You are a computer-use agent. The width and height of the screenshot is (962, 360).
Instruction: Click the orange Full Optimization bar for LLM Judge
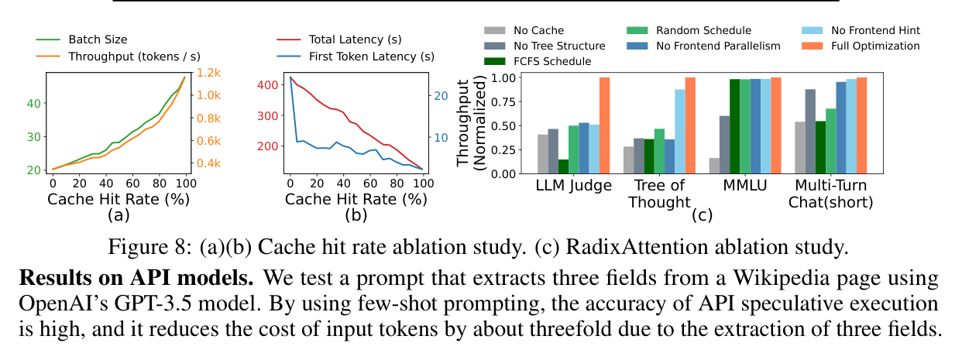(x=604, y=125)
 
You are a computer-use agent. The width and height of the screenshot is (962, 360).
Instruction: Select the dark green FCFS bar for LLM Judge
(x=563, y=166)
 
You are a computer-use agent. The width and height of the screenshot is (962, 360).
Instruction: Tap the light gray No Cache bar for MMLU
(x=714, y=166)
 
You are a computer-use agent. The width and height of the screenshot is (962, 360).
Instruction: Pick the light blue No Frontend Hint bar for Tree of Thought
(x=680, y=132)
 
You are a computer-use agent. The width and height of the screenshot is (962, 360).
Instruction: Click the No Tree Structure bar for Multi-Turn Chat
(x=810, y=132)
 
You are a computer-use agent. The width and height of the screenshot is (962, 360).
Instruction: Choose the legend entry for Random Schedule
(x=689, y=30)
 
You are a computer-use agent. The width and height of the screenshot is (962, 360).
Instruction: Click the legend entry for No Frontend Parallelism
(x=703, y=46)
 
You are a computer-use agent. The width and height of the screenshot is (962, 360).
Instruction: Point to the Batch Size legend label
(x=98, y=39)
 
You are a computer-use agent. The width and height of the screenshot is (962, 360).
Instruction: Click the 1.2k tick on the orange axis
(x=208, y=73)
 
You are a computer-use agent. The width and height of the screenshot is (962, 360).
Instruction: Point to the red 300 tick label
(x=267, y=116)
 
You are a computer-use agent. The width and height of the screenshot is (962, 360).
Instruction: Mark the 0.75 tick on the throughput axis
(x=503, y=101)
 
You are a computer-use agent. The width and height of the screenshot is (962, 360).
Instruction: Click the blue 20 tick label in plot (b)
(x=441, y=96)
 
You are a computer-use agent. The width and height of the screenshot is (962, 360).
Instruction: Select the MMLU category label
(x=744, y=185)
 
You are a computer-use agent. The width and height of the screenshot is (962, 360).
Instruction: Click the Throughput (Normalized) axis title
(x=470, y=123)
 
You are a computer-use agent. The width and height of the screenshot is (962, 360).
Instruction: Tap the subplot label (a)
(x=119, y=215)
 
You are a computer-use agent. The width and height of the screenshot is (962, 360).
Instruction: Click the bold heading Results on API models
(x=136, y=278)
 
